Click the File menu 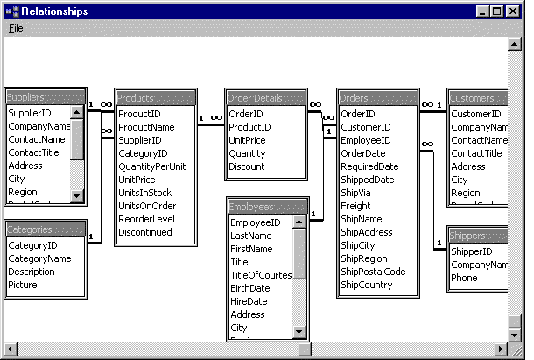pos(16,28)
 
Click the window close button pos(513,11)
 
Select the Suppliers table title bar pos(44,98)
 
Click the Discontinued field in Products pos(145,232)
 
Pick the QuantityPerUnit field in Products pos(151,166)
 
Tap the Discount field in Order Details pos(246,166)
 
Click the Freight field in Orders pos(356,206)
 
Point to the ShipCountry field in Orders pos(367,285)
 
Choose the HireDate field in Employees pos(249,301)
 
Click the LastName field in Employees pos(251,236)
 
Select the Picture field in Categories pos(24,285)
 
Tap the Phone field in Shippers pos(464,278)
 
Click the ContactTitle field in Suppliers pos(34,153)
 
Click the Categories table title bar pos(45,229)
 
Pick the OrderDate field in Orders pos(362,153)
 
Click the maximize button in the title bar pos(497,11)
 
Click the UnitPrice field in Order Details pos(248,140)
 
